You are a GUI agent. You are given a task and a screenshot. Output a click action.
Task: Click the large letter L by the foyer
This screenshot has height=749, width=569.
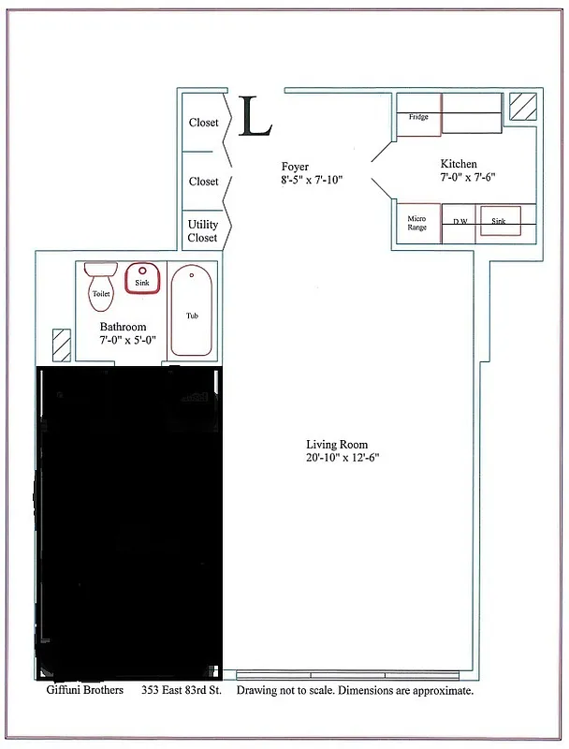[x=255, y=117]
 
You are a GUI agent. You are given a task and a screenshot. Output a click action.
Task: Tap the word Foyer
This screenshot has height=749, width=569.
[x=295, y=167]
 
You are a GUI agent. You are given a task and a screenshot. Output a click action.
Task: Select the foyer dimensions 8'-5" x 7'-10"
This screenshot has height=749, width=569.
[x=312, y=180]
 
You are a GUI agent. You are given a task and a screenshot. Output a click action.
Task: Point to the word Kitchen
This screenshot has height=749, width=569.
[x=459, y=164]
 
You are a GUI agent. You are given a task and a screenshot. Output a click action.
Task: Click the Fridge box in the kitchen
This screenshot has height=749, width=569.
[x=418, y=117]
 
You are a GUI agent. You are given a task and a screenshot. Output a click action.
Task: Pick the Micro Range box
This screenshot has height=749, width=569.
[x=416, y=223]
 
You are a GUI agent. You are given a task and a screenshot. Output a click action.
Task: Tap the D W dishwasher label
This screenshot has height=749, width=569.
[x=460, y=222]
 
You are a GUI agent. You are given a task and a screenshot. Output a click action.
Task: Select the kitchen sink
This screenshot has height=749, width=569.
[x=499, y=222]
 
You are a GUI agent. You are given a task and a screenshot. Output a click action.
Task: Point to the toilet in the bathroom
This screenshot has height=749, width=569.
[x=100, y=286]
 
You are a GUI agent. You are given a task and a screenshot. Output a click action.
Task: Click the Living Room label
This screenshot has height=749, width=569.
[x=337, y=445]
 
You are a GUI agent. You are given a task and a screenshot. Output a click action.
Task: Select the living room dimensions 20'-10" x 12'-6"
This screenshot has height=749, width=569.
[x=342, y=458]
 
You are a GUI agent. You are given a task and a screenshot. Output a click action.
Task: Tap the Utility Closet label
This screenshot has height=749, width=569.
[x=203, y=231]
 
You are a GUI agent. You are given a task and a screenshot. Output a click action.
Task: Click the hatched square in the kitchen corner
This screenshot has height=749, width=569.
[x=523, y=106]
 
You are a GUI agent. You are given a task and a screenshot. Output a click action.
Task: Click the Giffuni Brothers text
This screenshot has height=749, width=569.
[x=84, y=691]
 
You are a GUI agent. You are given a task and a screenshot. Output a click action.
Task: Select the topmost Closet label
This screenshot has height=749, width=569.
[x=203, y=123]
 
